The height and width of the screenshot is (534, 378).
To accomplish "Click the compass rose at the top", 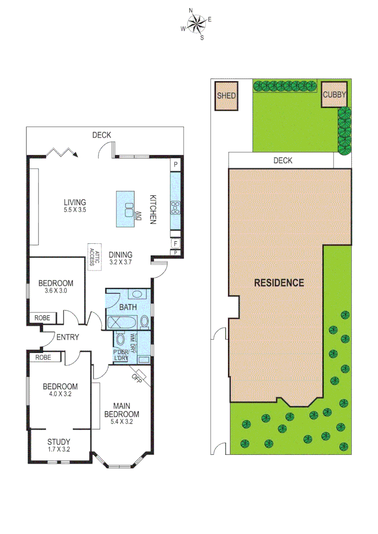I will click(x=196, y=23).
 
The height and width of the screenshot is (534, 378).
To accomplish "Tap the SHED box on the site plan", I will click(x=226, y=96).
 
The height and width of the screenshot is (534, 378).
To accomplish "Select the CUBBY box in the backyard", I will click(x=334, y=95).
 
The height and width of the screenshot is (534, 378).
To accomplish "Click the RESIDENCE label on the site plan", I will click(x=279, y=283).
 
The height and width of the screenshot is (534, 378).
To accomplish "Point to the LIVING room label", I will click(x=75, y=202).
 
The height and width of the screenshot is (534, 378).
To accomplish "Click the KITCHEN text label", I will click(x=153, y=209).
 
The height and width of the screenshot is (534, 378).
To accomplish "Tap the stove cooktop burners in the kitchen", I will click(x=176, y=208).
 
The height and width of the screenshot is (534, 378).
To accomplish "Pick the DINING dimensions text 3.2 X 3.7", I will click(x=121, y=262).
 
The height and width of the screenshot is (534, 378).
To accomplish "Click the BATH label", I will click(x=128, y=308).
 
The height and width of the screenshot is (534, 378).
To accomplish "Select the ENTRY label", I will click(x=68, y=337).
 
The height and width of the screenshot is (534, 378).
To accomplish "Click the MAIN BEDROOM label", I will click(x=121, y=410).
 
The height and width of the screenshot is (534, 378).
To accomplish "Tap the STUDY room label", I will click(x=59, y=442).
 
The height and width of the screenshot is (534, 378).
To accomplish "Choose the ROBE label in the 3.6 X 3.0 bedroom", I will click(x=42, y=318).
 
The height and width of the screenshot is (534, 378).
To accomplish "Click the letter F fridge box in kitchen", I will click(x=175, y=243).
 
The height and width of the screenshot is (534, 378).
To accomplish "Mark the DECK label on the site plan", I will click(x=283, y=160).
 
